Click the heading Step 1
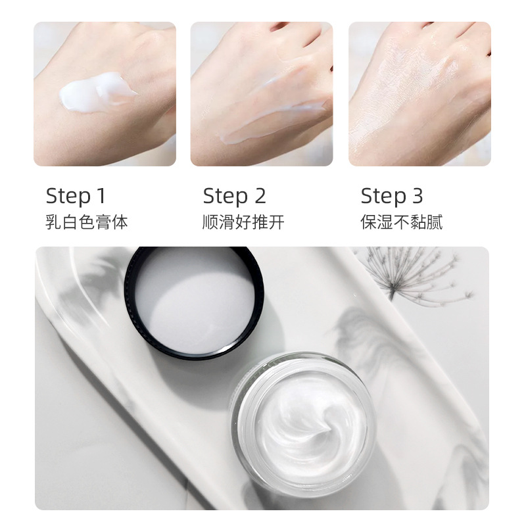76,196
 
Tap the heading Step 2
234,196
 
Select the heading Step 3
391,196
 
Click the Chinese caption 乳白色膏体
87,222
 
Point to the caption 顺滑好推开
243,222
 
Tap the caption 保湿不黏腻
402,222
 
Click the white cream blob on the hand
97,91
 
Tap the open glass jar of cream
303,424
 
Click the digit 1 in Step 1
101,195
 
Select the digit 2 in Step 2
260,195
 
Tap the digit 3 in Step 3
417,195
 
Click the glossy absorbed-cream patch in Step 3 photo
413,77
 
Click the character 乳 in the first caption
53,222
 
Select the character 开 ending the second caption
277,222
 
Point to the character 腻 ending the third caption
435,222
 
